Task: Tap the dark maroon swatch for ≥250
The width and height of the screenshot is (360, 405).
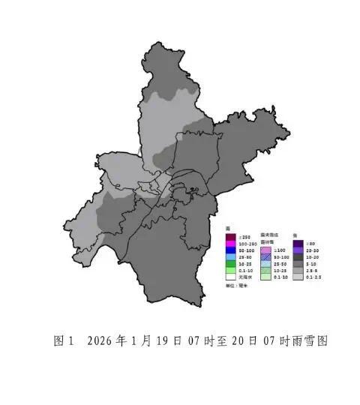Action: tap(231, 238)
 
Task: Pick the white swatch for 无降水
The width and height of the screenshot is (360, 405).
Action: tap(231, 277)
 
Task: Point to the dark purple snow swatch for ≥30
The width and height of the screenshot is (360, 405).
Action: tap(298, 244)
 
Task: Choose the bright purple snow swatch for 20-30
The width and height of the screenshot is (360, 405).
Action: tap(298, 250)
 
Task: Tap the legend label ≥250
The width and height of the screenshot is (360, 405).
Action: tap(243, 238)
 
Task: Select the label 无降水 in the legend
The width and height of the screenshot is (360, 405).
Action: tap(244, 277)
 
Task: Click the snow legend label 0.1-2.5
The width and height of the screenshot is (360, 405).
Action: tap(312, 277)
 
